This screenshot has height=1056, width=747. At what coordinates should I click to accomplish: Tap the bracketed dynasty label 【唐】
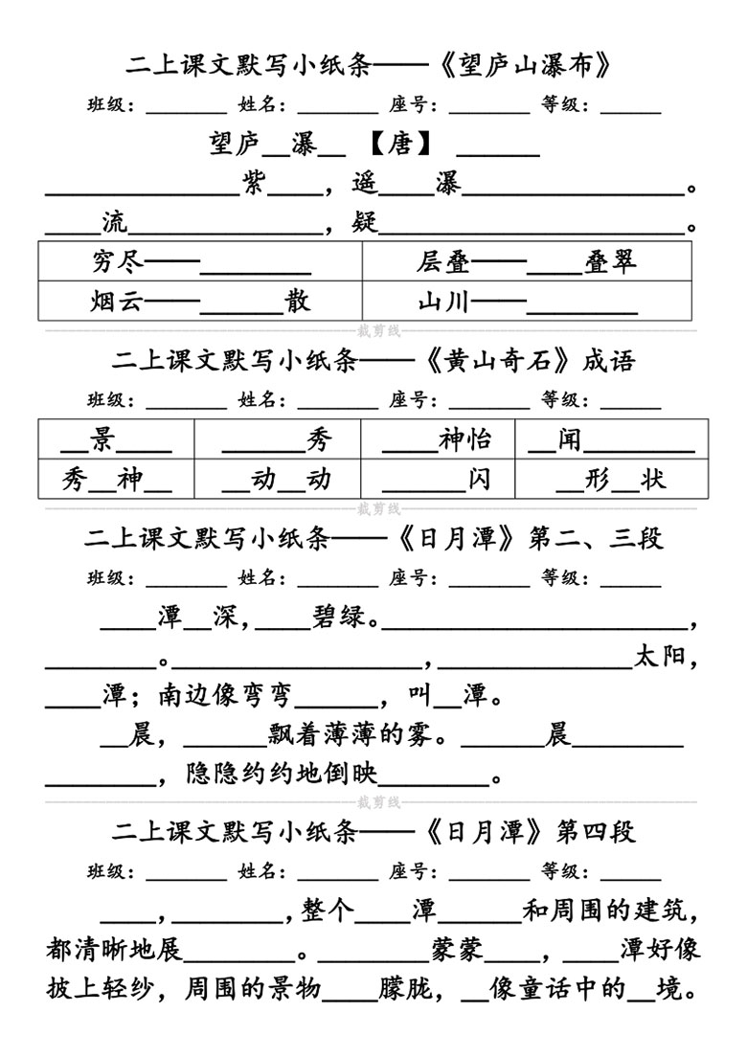coord(400,144)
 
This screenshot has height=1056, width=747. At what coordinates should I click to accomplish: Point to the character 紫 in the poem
coord(254,182)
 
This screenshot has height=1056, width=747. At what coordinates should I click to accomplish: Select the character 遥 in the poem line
coord(365,182)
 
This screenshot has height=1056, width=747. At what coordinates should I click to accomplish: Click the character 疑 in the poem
coord(365,221)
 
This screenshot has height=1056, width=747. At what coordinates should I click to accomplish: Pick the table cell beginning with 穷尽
coord(200,260)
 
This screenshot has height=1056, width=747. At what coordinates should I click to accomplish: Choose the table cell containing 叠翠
coord(527,260)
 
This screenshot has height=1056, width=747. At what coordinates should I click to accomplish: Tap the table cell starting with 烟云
coord(200,301)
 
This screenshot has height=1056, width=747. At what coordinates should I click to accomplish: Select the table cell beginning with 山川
coord(527,301)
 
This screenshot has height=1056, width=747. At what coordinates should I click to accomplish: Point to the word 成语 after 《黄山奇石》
coord(609,361)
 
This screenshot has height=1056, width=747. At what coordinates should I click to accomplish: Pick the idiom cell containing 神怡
coord(438,439)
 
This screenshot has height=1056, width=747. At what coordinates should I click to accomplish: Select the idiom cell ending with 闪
coord(438,479)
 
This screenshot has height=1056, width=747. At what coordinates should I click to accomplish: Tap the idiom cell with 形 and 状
coord(612,479)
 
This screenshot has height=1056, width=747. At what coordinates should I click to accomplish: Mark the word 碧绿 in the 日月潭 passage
coord(339,617)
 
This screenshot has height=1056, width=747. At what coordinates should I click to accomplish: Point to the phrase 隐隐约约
coord(239,774)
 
